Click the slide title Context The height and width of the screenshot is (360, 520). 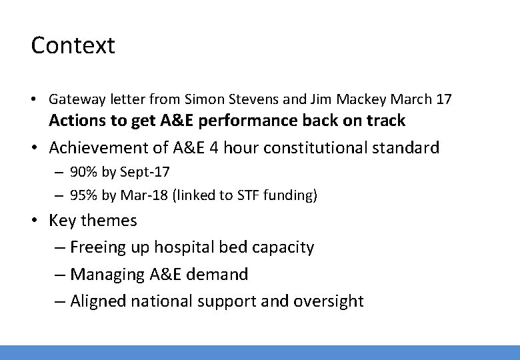point(73,45)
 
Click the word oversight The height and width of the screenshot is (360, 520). point(335,301)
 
